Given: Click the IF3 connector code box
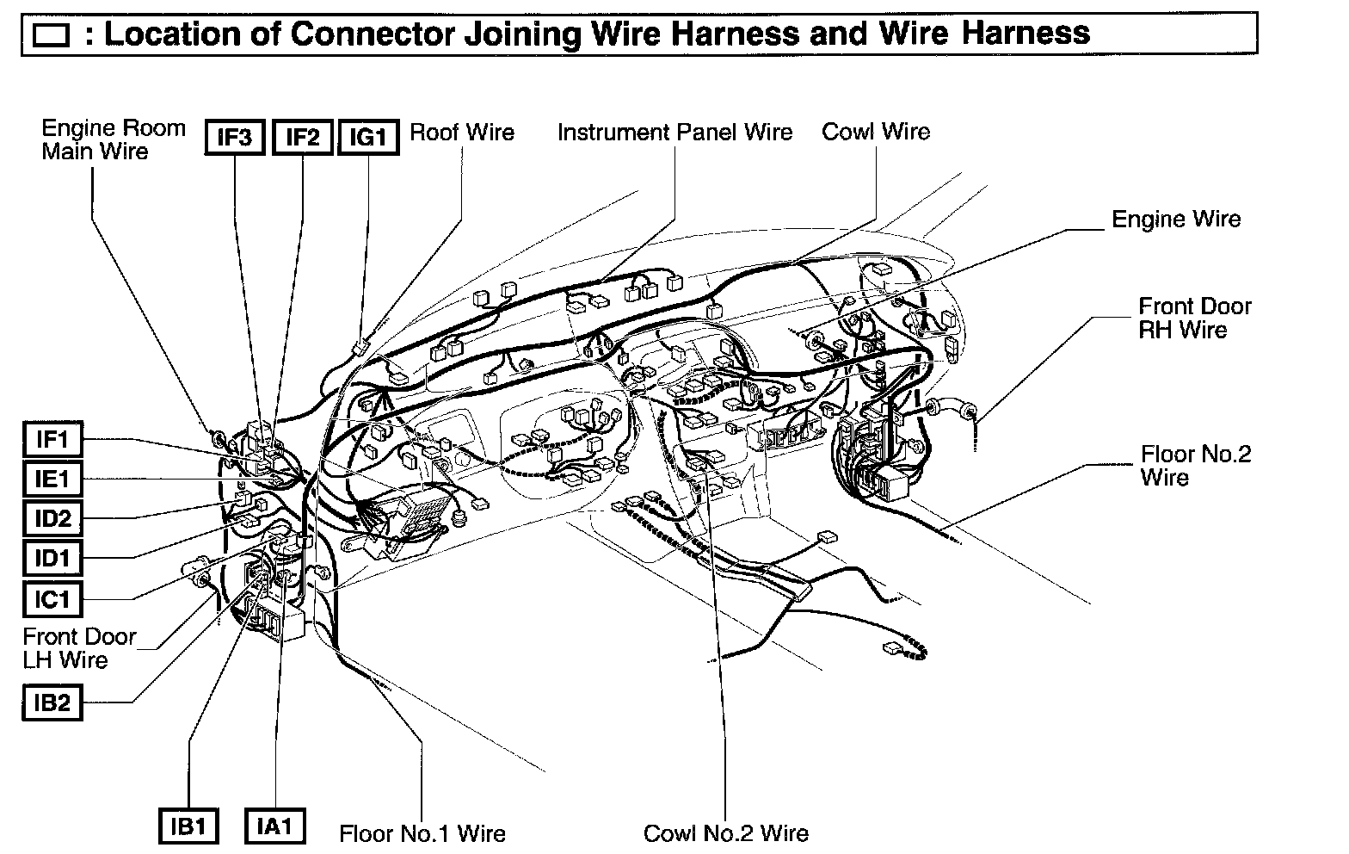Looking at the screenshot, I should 234,138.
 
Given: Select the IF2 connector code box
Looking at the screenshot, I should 302,138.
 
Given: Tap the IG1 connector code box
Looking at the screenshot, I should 369,138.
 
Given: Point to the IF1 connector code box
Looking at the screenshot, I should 52,440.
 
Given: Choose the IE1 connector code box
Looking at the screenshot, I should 52,479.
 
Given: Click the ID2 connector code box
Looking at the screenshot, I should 52,518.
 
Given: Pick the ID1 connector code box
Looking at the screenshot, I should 52,558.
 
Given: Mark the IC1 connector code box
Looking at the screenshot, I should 52,597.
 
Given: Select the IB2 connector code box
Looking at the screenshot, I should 52,703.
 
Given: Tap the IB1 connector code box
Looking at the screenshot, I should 188,826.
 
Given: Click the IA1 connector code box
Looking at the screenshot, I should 274,826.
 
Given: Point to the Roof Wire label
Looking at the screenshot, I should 462,133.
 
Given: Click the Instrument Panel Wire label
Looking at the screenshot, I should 674,133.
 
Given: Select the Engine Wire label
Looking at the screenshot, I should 1176,220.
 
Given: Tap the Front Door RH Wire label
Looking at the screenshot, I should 1195,318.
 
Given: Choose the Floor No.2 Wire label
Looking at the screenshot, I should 1196,465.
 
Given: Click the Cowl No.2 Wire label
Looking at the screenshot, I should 726,833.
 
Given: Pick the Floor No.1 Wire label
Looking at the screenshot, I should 422,833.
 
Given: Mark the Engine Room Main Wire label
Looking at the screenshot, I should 114,139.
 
